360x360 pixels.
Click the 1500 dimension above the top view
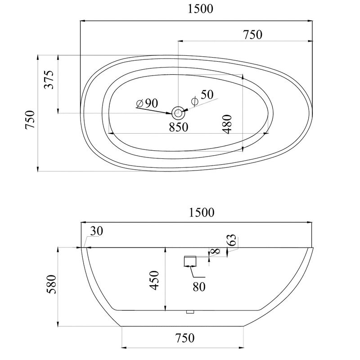click(x=200, y=9)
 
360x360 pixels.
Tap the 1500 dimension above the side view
click(x=202, y=212)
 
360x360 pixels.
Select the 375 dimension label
click(x=49, y=80)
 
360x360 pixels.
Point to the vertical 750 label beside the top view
click(x=30, y=120)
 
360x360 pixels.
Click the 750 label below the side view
click(x=185, y=338)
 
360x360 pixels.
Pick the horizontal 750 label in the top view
click(x=252, y=35)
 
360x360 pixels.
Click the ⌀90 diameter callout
click(x=147, y=103)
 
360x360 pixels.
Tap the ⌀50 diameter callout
click(x=202, y=97)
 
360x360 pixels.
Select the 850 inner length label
click(x=179, y=127)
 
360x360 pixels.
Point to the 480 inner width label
click(x=227, y=124)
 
